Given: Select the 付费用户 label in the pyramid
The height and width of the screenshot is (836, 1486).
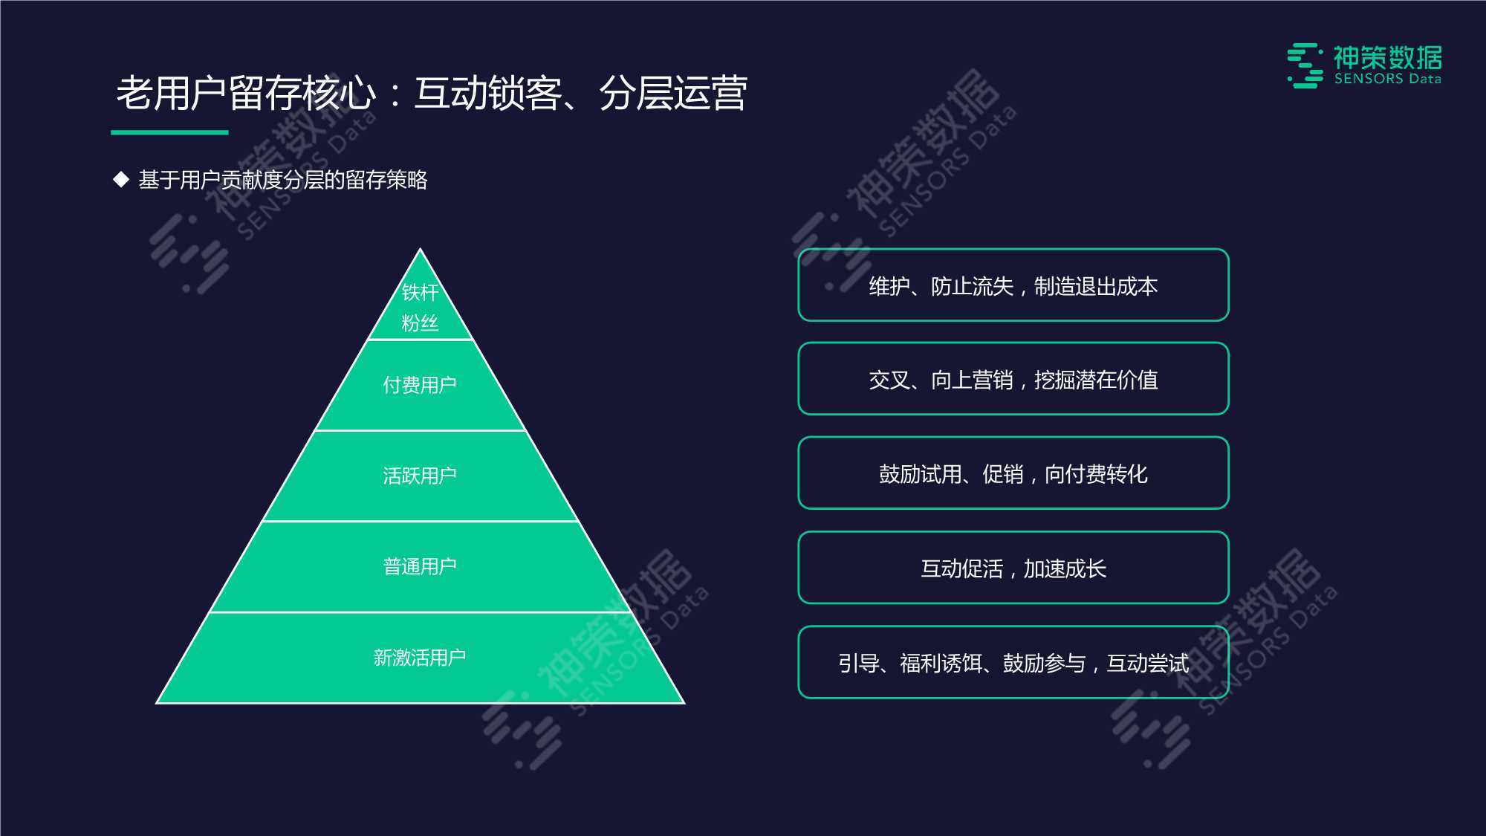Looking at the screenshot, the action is point(420,385).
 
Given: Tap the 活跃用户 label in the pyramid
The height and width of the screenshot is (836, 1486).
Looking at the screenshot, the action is point(420,476).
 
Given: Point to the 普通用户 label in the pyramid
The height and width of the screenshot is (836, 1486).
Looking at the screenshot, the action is point(420,566).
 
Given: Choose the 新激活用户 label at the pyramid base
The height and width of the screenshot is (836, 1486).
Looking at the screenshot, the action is point(420,658).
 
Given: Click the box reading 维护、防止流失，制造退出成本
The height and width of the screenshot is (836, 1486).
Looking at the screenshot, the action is point(1013,285).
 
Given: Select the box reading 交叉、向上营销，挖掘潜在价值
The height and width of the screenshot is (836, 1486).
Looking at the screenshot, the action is point(1013,379).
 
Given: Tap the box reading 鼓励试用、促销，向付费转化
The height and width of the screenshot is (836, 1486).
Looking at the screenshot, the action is point(1013,473).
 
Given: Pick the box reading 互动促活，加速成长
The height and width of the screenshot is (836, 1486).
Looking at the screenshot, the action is point(1013,568).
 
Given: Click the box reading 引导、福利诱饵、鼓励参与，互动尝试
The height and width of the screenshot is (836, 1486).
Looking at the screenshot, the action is point(1013,662).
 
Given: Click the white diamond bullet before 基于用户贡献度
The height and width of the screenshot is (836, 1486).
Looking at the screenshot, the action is point(121,180).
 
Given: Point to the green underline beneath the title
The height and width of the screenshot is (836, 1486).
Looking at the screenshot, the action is point(169,132).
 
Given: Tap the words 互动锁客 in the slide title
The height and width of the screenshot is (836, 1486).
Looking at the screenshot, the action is point(487,94).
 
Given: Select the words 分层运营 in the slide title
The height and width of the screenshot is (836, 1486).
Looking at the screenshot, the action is point(673,94).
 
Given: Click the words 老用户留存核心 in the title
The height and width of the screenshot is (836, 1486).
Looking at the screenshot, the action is point(246,94).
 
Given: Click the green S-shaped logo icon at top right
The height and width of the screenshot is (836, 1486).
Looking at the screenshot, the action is point(1305,65).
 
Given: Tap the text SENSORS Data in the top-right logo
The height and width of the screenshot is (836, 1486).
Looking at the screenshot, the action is point(1388,79).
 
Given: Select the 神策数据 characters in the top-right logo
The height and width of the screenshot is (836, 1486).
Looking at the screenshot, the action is point(1388,57).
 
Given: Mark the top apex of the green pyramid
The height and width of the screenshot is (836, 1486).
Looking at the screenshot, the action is point(421,249).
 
